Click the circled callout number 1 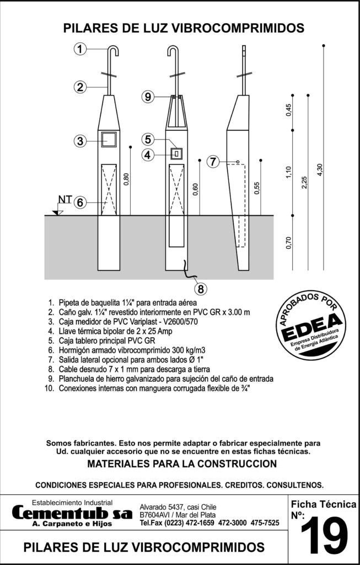80,49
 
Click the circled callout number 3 80,141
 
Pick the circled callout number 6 80,202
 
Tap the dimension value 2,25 305,182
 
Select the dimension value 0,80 126,180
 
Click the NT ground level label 65,200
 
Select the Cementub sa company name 72,513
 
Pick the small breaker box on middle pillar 176,154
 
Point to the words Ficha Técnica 323,504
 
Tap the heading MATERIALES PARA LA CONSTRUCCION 182,464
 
